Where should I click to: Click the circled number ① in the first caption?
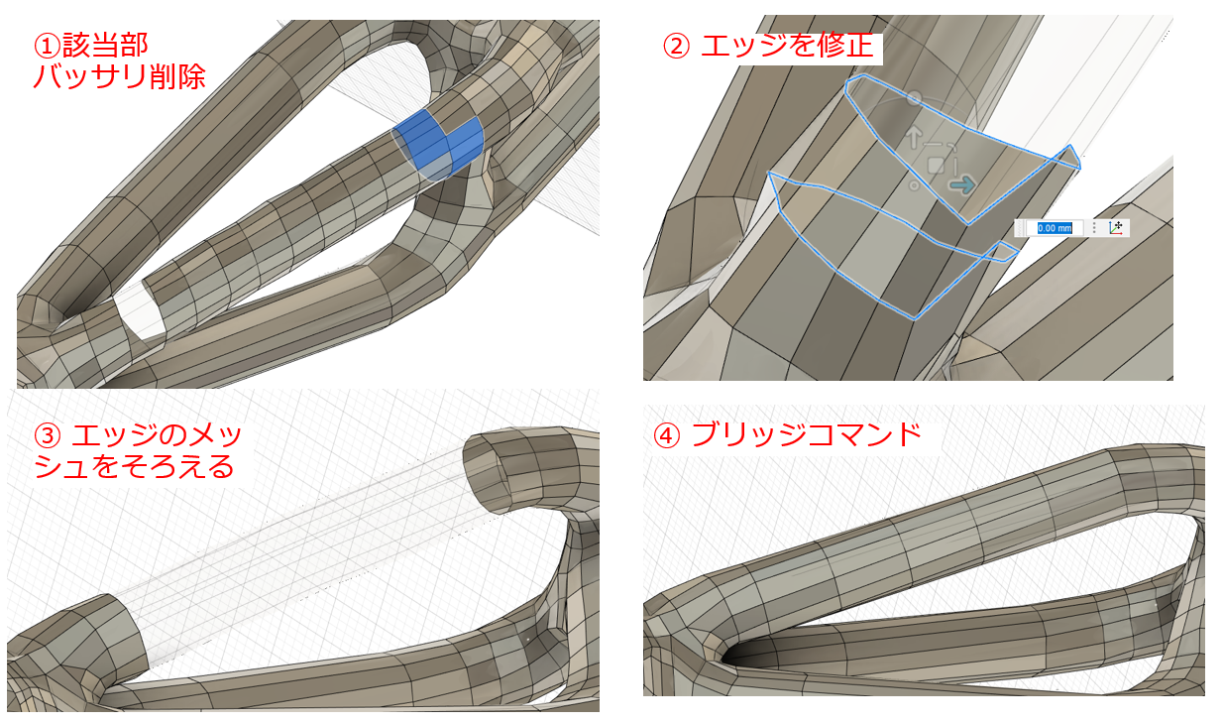click(46, 45)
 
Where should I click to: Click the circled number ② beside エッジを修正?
click(674, 47)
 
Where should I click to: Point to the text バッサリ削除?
click(119, 77)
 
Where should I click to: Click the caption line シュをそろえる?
click(134, 466)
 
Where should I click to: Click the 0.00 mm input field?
click(1055, 227)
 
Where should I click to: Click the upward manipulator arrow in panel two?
click(914, 135)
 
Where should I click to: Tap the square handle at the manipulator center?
click(935, 165)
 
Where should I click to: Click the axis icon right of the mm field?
click(1116, 227)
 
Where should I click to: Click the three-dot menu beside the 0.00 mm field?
click(1093, 227)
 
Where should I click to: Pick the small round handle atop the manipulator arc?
click(915, 98)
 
